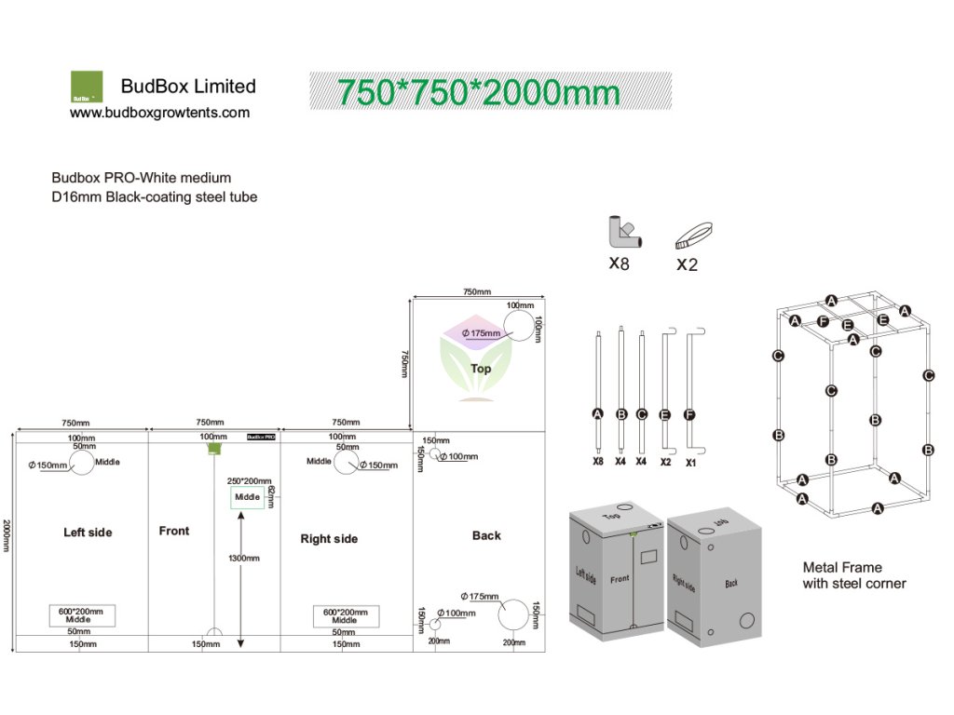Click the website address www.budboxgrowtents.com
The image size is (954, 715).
click(160, 113)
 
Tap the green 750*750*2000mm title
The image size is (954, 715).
click(478, 93)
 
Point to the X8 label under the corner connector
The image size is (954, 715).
click(619, 263)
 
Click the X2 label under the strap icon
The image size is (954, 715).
click(687, 264)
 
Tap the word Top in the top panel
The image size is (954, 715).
click(481, 369)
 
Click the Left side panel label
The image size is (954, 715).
click(88, 533)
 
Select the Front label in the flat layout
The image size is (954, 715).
click(174, 531)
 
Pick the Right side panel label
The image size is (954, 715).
click(329, 539)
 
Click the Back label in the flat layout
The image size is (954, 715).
click(486, 535)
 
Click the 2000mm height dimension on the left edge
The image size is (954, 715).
click(7, 535)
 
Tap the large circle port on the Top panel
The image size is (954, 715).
click(522, 328)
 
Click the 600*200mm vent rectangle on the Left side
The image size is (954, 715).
click(81, 615)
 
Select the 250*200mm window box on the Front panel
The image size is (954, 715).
click(248, 498)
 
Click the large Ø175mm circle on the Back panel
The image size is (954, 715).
click(514, 615)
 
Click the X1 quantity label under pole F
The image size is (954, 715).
click(690, 462)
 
